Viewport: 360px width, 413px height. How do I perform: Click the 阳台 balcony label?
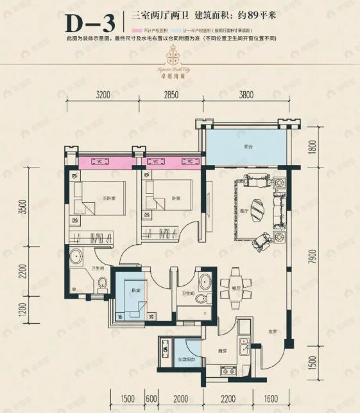pyautogui.click(x=248, y=146)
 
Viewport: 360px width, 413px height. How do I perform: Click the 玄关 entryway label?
pyautogui.click(x=272, y=331)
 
